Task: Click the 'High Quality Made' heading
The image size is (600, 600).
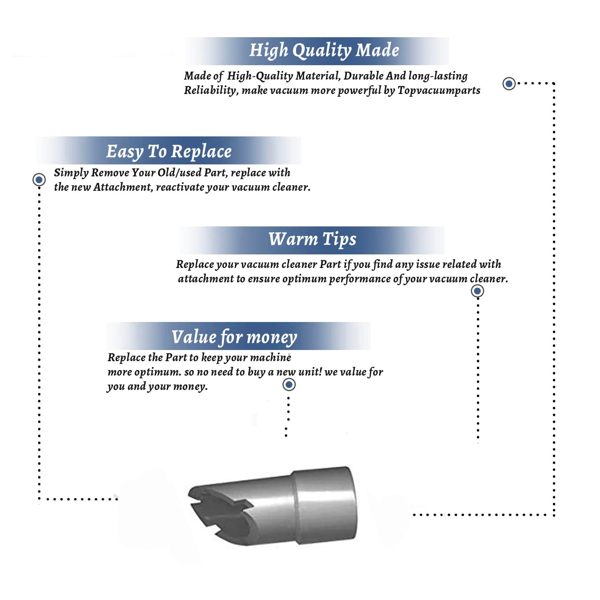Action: click(324, 51)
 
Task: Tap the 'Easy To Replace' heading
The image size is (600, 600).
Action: click(169, 152)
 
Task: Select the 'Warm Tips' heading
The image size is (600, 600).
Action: click(312, 239)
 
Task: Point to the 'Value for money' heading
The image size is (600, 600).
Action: click(234, 337)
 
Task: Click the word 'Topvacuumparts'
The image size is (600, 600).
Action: click(439, 90)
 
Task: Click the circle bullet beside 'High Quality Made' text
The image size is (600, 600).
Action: click(509, 84)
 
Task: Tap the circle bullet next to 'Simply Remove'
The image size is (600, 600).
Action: click(39, 180)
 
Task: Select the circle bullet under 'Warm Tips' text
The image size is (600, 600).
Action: click(477, 291)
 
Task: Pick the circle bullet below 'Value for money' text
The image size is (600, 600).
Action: click(289, 385)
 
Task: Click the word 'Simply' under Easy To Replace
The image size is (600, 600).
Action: click(71, 173)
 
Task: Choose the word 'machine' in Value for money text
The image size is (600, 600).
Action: click(273, 358)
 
